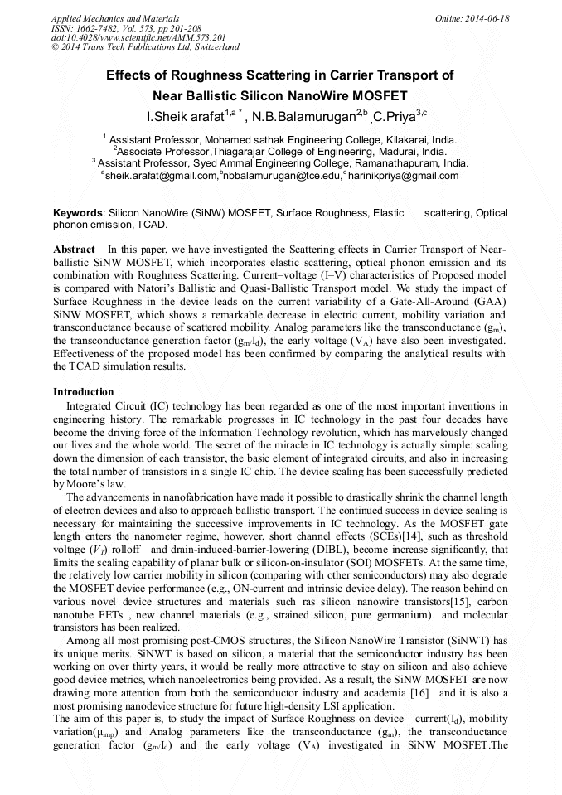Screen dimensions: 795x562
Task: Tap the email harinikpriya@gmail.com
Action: click(403, 176)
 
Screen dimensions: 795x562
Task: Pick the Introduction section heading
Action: click(83, 391)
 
